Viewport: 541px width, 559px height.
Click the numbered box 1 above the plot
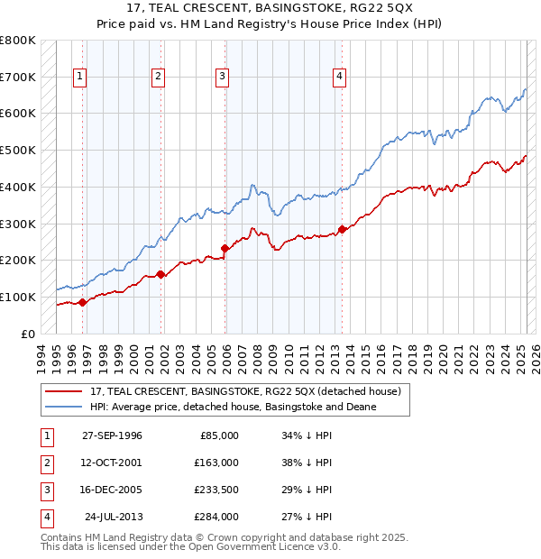click(x=80, y=77)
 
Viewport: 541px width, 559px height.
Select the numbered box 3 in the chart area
click(x=221, y=77)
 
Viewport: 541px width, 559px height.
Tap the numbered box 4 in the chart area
click(x=339, y=77)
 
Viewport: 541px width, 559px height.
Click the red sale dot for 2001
click(x=160, y=274)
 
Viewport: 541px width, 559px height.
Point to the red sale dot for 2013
click(x=342, y=229)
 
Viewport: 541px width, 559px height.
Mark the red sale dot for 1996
click(x=82, y=302)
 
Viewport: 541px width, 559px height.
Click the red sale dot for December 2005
click(x=225, y=248)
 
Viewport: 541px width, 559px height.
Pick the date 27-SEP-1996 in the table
click(x=112, y=435)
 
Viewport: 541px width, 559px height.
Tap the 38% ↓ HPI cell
click(x=307, y=462)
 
